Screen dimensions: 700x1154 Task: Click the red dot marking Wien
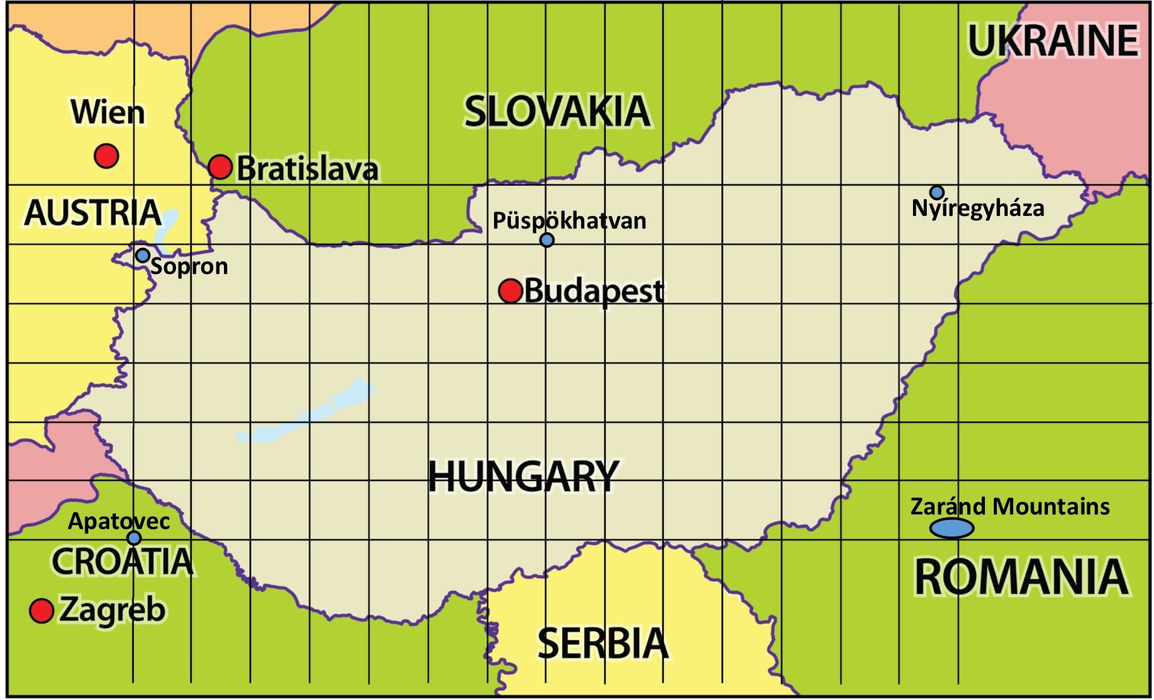[107, 155]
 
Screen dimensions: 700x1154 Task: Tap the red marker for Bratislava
[220, 167]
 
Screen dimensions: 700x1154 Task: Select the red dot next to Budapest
[510, 291]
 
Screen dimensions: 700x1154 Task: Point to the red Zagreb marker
[42, 610]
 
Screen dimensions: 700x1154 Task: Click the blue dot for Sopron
[143, 256]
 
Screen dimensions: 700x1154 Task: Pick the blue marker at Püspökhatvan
[547, 240]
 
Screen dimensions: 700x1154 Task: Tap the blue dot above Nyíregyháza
[937, 192]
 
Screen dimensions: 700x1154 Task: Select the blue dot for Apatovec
[134, 538]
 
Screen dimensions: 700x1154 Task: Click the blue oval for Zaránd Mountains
[951, 528]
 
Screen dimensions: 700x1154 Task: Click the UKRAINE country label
[1053, 41]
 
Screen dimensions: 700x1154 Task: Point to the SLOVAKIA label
[556, 112]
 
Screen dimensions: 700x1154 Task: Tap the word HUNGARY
[523, 476]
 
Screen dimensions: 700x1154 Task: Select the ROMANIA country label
[1021, 577]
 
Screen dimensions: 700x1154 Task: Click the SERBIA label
[603, 643]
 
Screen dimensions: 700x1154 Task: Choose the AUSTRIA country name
[92, 212]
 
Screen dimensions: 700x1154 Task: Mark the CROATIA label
[122, 561]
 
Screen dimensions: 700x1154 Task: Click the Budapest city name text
[594, 291]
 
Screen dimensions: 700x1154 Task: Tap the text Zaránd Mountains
[1010, 506]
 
